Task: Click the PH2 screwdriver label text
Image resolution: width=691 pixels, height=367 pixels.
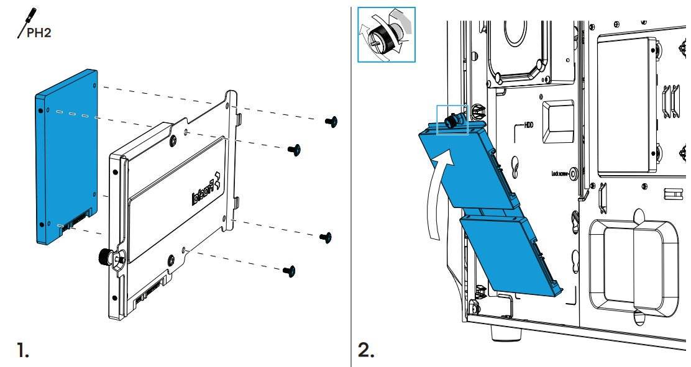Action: (39, 32)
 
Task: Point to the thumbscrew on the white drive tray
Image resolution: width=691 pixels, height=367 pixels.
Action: (105, 256)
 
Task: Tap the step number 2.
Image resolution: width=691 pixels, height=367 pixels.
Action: (367, 351)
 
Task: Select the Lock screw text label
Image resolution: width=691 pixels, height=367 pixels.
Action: (559, 174)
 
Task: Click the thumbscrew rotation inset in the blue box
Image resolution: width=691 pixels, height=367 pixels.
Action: (386, 35)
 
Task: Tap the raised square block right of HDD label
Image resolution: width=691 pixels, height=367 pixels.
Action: (557, 122)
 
